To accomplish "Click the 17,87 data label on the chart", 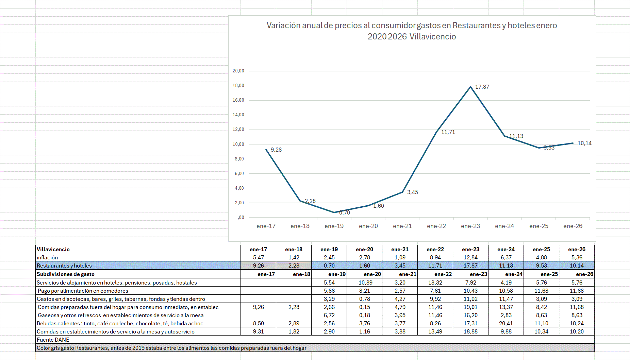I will click(482, 87).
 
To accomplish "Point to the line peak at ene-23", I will click(471, 87).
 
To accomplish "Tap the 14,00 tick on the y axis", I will click(238, 115).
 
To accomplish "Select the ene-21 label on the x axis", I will click(402, 226).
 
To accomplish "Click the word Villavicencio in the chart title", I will click(433, 37).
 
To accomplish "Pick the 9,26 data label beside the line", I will click(276, 150).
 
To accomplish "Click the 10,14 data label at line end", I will click(584, 143).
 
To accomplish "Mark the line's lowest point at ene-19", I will click(334, 212).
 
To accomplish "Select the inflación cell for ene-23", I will click(470, 257).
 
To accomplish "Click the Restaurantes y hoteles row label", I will click(64, 265).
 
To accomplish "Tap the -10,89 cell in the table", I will click(364, 282).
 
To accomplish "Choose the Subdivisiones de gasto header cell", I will click(66, 274).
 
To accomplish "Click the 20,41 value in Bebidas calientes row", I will click(506, 323).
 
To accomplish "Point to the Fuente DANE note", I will click(53, 340).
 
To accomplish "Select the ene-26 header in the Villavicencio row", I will click(577, 249).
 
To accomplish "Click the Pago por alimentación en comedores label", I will click(83, 291).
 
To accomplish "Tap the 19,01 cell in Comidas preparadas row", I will click(470, 307).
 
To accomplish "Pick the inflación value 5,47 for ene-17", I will click(258, 257).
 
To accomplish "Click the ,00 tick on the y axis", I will click(241, 218).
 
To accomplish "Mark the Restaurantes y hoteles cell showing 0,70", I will click(329, 265).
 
